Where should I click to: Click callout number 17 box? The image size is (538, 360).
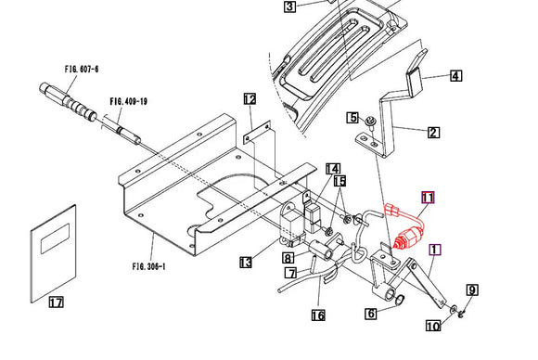pos(56,302)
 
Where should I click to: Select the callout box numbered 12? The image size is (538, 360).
pos(250,98)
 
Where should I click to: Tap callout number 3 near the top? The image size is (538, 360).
pos(289,6)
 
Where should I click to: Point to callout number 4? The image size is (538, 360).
pos(455,76)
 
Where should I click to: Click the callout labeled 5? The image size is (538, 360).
pos(352,118)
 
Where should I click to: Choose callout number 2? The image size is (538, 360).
pos(371,314)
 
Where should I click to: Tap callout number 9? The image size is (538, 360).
pos(471,290)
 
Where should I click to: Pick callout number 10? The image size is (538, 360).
pos(433,326)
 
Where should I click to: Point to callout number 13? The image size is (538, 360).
pos(245,264)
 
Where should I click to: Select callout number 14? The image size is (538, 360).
pos(332,168)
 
